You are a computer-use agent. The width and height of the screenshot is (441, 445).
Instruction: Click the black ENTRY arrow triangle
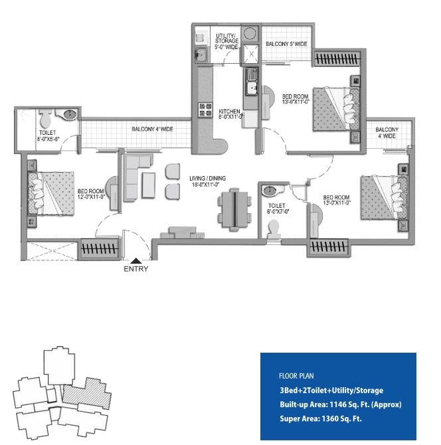[136, 260]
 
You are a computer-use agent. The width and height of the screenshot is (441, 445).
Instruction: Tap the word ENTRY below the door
[136, 269]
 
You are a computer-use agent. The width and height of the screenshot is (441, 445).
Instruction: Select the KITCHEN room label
[229, 112]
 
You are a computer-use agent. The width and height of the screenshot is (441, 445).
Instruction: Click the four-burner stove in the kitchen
[205, 110]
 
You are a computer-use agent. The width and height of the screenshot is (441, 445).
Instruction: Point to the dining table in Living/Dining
[234, 209]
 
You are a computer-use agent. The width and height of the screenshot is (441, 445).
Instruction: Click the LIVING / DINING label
[207, 178]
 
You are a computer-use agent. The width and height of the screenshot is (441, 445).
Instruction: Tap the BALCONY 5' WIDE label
[286, 44]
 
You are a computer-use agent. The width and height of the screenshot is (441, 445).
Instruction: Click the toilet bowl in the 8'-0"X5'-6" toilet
[45, 119]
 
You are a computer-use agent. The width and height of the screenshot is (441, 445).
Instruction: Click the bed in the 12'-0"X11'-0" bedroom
[51, 193]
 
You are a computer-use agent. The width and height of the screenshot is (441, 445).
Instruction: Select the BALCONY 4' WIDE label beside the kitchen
[152, 129]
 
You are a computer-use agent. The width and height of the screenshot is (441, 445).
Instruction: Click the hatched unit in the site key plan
[86, 393]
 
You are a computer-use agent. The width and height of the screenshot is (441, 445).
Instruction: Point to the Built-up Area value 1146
[337, 404]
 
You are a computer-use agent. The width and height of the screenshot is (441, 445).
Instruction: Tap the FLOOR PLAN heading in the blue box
[296, 376]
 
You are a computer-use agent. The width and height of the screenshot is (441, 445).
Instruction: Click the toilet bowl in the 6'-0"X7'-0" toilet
[274, 228]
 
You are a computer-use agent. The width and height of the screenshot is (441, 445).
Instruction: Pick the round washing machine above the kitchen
[250, 33]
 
